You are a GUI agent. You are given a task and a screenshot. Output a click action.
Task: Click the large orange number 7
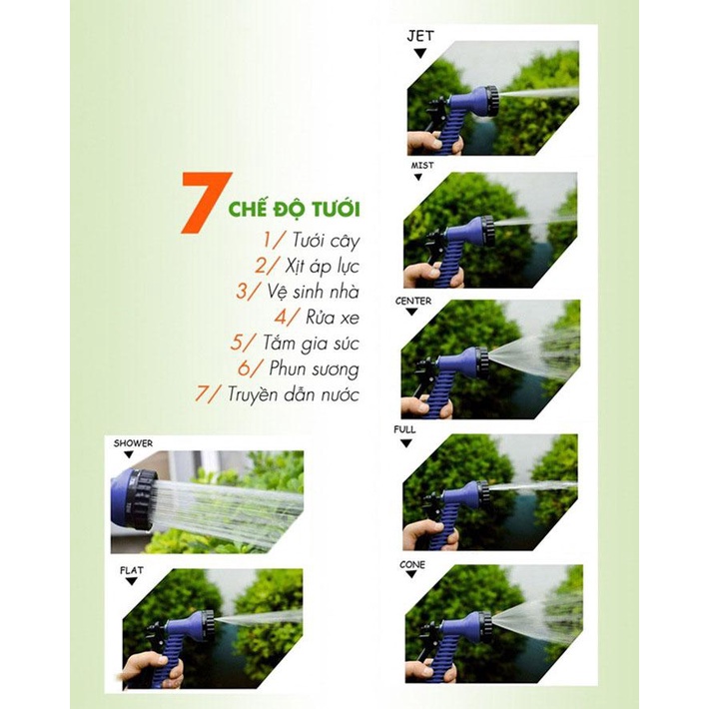point(205,203)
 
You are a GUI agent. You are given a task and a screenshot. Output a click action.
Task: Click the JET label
point(420,35)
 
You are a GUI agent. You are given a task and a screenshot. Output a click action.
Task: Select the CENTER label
point(413,300)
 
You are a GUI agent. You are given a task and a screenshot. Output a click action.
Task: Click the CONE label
point(412,565)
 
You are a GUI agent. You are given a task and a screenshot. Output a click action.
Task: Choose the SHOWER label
point(133,442)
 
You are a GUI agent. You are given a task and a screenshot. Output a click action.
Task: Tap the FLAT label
point(132,572)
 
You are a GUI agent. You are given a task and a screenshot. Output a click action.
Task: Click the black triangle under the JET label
point(420,52)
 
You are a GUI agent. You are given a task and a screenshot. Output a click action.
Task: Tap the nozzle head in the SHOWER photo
point(135,499)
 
